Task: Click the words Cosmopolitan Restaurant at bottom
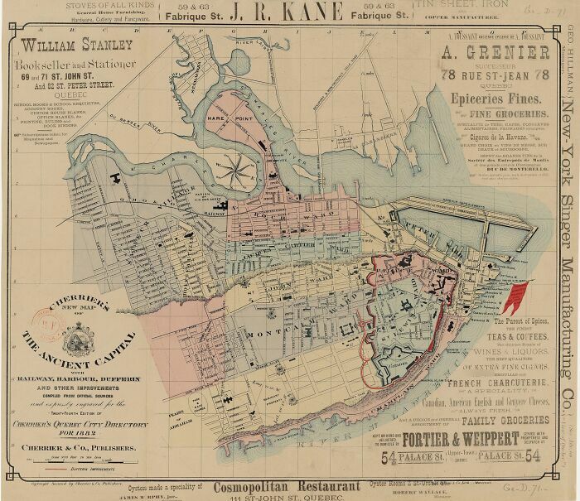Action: [x=286, y=487]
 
